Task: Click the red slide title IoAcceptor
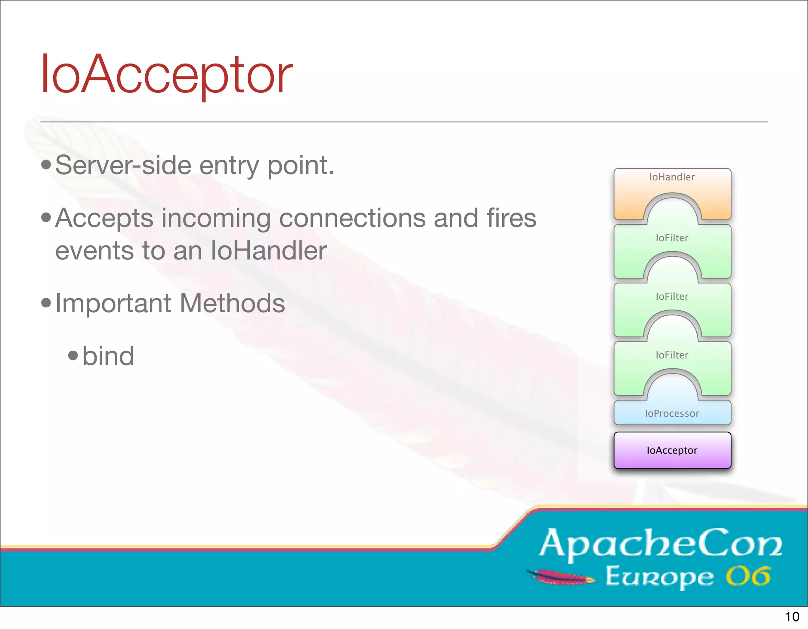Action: (x=166, y=75)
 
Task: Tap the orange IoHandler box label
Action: (x=672, y=177)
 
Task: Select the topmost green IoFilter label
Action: (x=672, y=238)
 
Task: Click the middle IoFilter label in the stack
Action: (x=672, y=296)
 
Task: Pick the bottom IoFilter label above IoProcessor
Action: (x=672, y=355)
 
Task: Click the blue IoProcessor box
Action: (x=672, y=413)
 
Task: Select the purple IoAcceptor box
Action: (x=672, y=450)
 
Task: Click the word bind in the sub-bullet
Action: (x=108, y=356)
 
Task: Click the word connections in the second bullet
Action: (x=352, y=218)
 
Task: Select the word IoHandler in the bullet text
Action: (x=269, y=251)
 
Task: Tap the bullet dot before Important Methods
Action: (x=46, y=303)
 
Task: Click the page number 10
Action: (x=792, y=616)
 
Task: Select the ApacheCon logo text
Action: (x=660, y=544)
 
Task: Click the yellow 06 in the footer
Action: (x=748, y=576)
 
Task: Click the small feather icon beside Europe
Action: (x=560, y=577)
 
